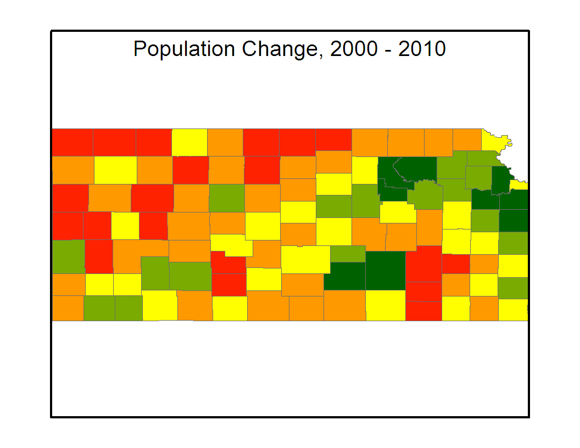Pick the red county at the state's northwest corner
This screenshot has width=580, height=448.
click(72, 142)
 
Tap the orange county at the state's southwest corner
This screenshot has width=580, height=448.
click(68, 308)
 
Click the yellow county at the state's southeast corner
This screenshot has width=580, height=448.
click(513, 310)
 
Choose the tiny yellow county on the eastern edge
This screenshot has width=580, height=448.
click(520, 184)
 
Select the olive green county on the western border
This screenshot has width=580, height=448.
click(68, 256)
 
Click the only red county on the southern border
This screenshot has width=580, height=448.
click(423, 311)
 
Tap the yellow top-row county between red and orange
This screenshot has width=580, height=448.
click(189, 142)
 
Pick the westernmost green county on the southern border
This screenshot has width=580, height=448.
click(99, 308)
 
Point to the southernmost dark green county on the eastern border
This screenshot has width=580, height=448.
click(514, 220)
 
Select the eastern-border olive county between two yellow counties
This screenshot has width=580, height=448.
click(513, 287)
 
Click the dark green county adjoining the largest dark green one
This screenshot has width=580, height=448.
click(344, 276)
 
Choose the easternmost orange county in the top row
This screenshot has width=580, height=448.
click(467, 140)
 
